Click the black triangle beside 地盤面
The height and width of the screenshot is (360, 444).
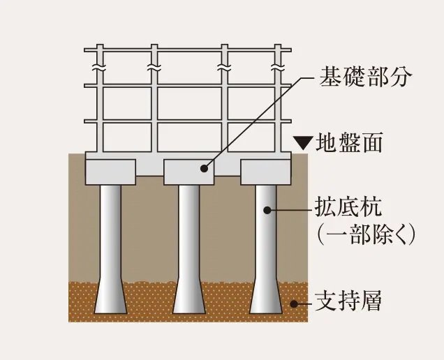point(303,144)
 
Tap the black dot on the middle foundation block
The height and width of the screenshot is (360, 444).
point(204,168)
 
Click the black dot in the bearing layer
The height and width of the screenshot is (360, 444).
point(295,303)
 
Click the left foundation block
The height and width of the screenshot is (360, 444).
point(110,171)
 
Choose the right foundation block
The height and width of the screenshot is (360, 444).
point(265,172)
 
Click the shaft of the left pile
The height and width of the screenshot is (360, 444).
point(110,230)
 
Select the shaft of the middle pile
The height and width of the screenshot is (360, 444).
point(188,230)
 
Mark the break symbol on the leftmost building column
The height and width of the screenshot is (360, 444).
point(100,69)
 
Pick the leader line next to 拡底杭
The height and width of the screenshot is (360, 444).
point(290,208)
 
